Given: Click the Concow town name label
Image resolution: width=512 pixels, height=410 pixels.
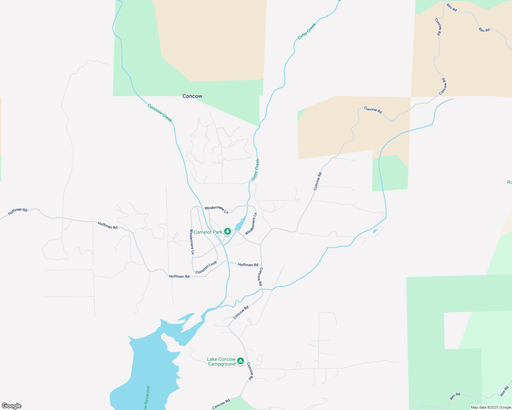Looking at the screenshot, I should [x=192, y=96].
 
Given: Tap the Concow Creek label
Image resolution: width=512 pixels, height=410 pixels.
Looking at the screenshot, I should [x=160, y=113].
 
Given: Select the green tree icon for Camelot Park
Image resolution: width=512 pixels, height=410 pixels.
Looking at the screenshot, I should [x=228, y=232].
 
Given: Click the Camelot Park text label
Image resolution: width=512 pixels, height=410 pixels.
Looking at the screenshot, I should [x=208, y=232].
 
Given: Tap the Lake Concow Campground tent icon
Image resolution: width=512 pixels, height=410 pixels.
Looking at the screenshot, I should [x=241, y=361].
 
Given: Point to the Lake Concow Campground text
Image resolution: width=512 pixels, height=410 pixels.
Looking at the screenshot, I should [x=221, y=361].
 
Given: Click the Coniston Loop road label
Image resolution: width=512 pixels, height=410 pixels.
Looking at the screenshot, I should [x=206, y=267].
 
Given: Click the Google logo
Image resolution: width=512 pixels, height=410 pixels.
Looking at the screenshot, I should [x=12, y=406].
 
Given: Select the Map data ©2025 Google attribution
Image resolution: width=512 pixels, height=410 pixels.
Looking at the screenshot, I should [x=491, y=407].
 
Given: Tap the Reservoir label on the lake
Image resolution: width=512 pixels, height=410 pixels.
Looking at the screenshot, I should [x=147, y=398].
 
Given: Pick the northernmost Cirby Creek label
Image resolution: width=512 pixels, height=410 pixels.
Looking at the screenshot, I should [x=307, y=31].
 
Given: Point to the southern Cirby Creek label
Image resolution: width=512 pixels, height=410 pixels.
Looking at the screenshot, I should [x=256, y=169].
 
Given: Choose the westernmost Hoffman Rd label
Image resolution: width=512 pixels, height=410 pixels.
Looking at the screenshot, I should [x=17, y=211].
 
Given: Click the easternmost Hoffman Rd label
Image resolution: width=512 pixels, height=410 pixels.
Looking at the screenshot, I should [x=248, y=265].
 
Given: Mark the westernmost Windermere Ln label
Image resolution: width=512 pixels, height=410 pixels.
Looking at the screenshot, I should [x=192, y=242].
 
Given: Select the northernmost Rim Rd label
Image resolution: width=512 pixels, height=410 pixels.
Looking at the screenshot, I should [x=452, y=8].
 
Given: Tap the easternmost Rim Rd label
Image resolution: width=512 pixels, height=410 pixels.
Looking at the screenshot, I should [x=504, y=391].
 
